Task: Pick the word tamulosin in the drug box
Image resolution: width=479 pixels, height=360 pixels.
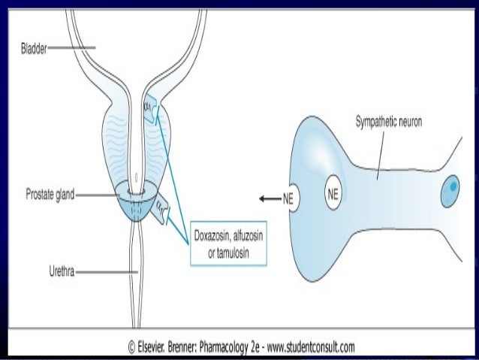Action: (x=235, y=250)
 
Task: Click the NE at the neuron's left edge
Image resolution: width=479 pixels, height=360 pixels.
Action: (x=287, y=200)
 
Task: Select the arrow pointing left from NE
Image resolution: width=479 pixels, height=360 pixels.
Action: (x=266, y=200)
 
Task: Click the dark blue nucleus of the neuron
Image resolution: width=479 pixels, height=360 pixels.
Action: (x=450, y=186)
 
